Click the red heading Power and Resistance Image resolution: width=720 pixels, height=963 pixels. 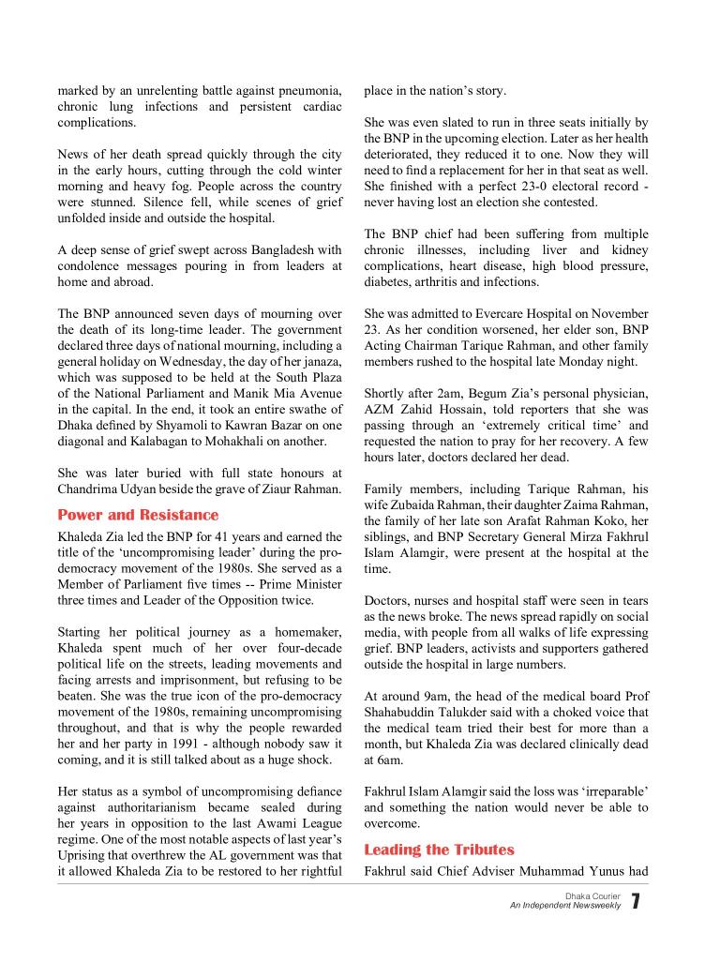pos(138,515)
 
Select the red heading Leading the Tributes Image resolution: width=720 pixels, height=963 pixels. pos(439,850)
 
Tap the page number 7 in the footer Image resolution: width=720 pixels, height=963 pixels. pos(636,902)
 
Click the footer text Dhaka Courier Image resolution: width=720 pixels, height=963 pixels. pos(594,896)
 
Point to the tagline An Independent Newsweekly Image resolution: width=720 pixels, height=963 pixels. pos(565,906)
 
